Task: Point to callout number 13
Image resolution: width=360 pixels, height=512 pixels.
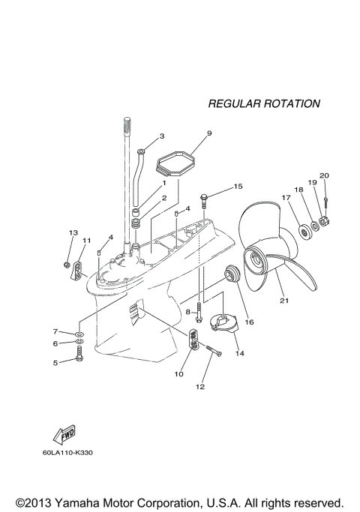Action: tap(73, 233)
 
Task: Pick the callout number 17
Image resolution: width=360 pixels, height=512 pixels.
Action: tap(286, 198)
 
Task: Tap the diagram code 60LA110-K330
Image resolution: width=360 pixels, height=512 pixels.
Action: tap(72, 453)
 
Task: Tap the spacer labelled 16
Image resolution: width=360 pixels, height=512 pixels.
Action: tap(232, 275)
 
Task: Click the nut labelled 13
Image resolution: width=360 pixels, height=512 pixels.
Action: tap(67, 265)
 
